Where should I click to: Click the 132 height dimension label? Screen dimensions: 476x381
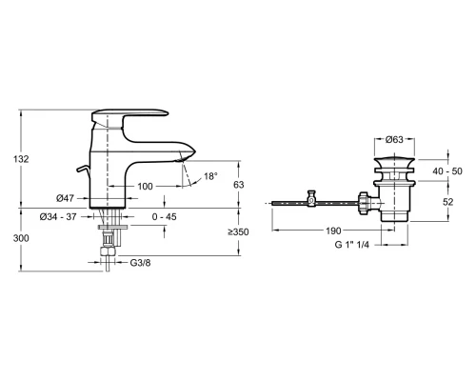tap(21, 159)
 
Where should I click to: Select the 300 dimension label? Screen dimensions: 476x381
tap(21, 238)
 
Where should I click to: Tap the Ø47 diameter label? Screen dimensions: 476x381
tap(65, 198)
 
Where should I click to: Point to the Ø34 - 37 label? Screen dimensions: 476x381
tap(58, 217)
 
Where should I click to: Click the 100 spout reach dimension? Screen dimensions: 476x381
tap(145, 187)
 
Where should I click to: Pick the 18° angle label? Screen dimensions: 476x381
tap(210, 176)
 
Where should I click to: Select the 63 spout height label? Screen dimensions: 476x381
tap(238, 185)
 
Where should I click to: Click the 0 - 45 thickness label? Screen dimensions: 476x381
tap(164, 217)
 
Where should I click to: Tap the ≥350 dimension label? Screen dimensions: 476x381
tap(238, 232)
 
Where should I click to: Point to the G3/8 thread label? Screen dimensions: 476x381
tap(140, 263)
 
